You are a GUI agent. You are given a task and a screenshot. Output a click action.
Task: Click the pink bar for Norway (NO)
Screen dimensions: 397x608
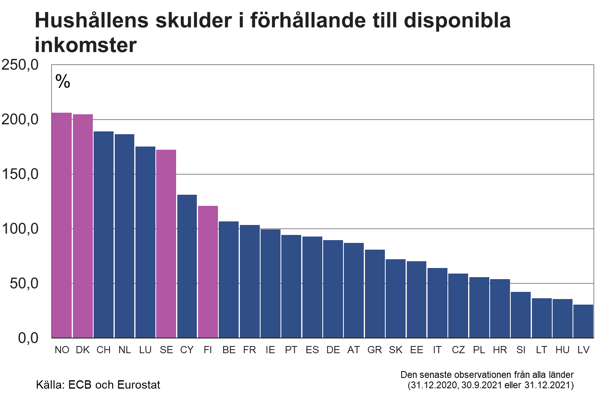point(62,225)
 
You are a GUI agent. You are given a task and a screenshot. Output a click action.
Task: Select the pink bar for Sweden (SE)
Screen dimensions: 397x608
point(166,244)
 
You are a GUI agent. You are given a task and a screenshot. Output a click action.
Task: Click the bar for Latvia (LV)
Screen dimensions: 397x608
point(583,321)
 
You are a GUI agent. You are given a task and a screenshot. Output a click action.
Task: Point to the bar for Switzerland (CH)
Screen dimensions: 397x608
point(104,235)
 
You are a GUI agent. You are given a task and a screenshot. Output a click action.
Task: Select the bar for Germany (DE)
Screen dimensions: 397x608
point(333,289)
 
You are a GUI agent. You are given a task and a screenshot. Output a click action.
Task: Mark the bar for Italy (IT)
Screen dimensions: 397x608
point(437,303)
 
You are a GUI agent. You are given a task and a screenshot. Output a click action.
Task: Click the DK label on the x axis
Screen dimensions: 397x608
point(83,350)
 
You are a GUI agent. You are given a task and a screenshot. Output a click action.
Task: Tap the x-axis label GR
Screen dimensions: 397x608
point(375,350)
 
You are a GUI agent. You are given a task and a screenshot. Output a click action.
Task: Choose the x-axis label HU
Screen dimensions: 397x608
point(562,350)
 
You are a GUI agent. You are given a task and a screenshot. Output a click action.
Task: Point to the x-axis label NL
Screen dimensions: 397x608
point(125,350)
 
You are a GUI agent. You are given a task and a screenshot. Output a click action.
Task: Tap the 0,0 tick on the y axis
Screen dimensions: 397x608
point(28,338)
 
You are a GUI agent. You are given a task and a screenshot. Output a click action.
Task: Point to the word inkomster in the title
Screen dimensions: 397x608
point(86,45)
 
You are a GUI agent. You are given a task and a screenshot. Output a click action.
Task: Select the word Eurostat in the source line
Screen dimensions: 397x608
point(139,385)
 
